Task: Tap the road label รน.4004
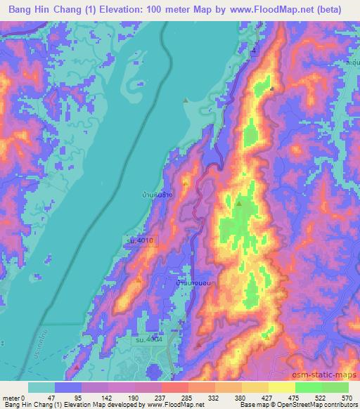pos(149,340)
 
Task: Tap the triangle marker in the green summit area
pos(239,204)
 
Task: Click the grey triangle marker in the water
pos(185,100)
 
